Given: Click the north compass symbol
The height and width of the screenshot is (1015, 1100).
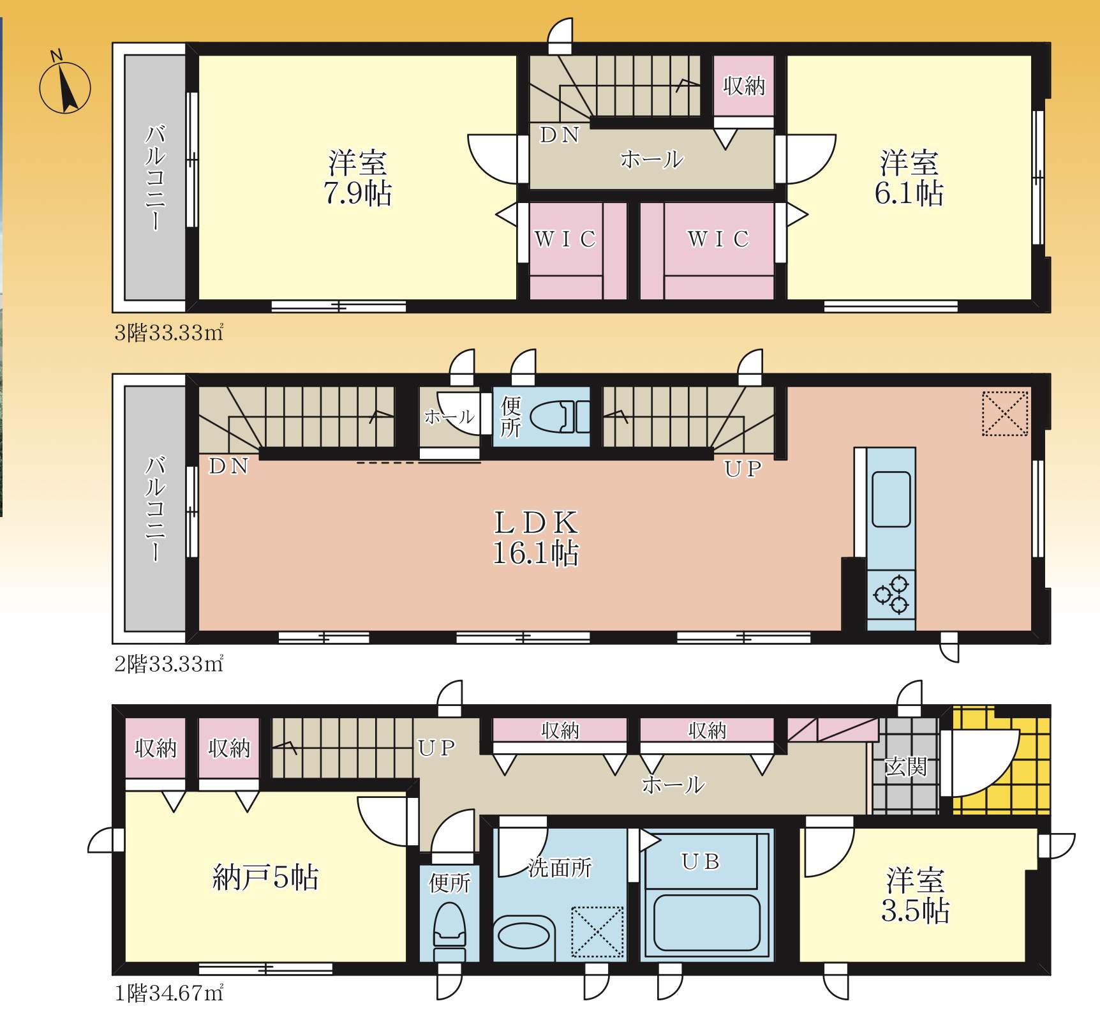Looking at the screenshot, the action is (x=65, y=87).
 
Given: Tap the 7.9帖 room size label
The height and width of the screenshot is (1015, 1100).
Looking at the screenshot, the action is (x=357, y=193).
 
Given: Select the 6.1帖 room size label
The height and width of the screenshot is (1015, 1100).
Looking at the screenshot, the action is (x=909, y=193).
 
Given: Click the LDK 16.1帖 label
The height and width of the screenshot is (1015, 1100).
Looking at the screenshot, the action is (x=536, y=538).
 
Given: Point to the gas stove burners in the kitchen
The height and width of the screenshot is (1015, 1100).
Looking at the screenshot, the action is (x=891, y=595).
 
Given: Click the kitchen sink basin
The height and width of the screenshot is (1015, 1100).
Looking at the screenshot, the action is (x=891, y=499).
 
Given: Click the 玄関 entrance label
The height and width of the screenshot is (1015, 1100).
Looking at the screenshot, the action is (x=905, y=766).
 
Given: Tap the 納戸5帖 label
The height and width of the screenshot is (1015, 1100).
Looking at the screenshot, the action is (x=265, y=877).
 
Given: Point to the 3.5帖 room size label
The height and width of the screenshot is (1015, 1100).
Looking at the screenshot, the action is (x=915, y=911).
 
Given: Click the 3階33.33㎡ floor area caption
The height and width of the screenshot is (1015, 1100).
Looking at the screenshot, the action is (x=168, y=333).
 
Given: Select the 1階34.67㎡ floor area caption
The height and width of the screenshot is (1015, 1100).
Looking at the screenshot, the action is (x=168, y=993).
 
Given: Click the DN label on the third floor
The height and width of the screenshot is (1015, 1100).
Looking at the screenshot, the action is (x=560, y=135).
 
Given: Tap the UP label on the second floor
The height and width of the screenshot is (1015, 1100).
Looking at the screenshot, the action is (x=743, y=469).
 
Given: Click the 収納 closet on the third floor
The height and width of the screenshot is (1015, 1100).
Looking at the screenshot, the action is (x=744, y=86).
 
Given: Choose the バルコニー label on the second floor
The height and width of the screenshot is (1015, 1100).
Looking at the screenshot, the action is (x=155, y=508).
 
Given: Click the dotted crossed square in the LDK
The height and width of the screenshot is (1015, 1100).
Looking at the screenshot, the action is (x=1005, y=414).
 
